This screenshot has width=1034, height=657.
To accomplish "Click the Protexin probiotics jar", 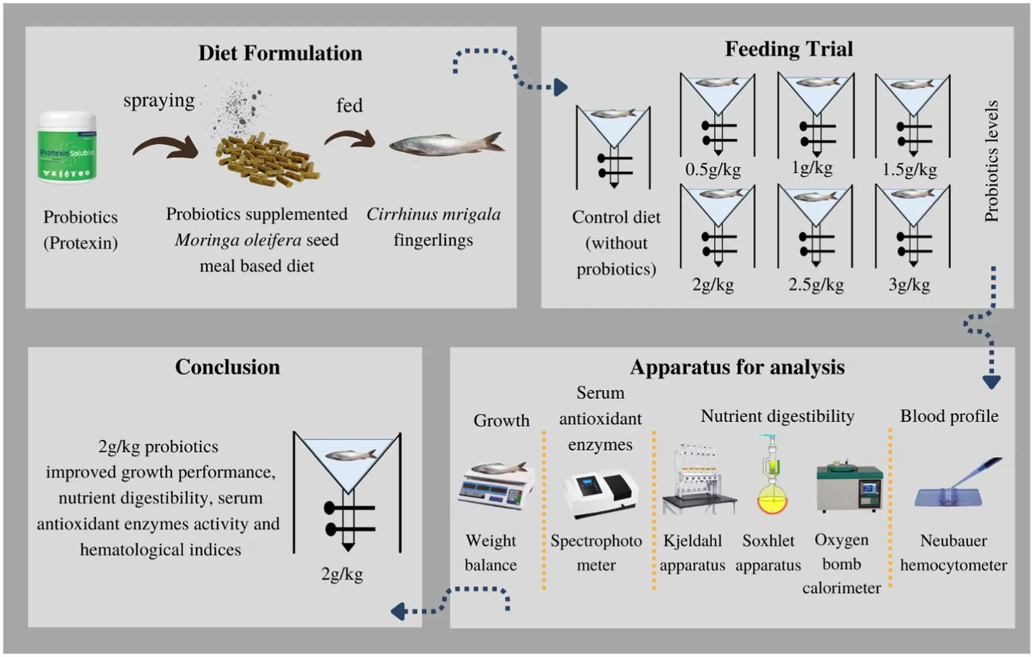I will pos(67,148).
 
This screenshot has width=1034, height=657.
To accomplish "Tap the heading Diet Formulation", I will pos(280,53).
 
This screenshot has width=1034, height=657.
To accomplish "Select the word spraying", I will pos(159,100).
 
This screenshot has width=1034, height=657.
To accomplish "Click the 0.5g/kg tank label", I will pos(713,169).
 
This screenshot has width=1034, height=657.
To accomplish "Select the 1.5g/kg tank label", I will pos(909,169).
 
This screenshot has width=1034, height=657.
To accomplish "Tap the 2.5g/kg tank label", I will pos(816,284).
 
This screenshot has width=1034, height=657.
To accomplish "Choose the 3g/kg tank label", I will pos(909,284).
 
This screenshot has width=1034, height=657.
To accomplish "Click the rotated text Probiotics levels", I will pos(991,161).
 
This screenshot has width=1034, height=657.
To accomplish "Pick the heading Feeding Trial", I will pos(789,49).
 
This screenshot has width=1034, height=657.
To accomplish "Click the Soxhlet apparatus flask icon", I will pos(772,477).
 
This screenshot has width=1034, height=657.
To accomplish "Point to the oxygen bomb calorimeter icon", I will pos(849,487).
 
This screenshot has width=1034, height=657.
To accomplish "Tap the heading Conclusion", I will pos(228,367).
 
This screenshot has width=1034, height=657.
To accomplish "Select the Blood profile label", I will pos(949,416).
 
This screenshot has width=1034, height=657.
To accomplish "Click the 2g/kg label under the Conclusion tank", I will pos(342,574).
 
